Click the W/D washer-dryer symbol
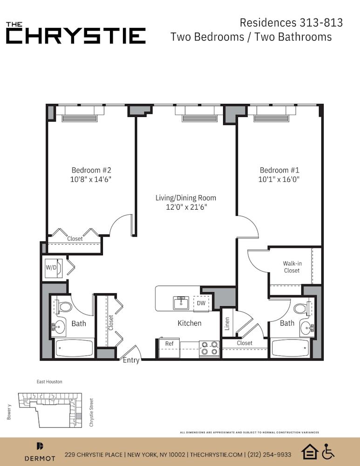click(x=54, y=268)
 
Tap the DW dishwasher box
click(x=201, y=303)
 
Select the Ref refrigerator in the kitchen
click(x=169, y=348)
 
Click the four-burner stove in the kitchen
click(x=209, y=348)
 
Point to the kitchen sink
click(x=181, y=303)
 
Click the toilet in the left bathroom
click(x=63, y=307)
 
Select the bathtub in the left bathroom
click(x=74, y=348)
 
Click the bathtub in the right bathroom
click(x=291, y=348)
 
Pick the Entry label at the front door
click(x=131, y=360)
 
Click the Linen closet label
click(x=227, y=324)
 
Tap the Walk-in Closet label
click(x=292, y=267)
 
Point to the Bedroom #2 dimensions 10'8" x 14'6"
click(x=91, y=179)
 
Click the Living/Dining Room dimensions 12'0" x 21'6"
click(x=186, y=207)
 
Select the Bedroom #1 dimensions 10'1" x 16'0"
click(x=279, y=179)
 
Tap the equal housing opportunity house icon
click(x=310, y=452)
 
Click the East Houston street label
click(x=49, y=382)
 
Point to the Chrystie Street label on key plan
click(x=91, y=412)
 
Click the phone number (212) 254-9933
click(x=269, y=454)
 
